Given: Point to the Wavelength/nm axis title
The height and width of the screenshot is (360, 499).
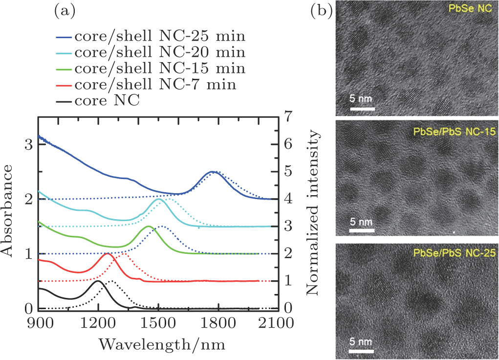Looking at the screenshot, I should click(162, 343).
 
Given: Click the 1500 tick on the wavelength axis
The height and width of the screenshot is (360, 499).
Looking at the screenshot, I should click(158, 323).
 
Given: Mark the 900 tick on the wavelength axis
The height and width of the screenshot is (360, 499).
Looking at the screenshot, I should click(39, 323).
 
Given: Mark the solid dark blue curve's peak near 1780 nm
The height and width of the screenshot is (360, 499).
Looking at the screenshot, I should click(212, 172).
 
